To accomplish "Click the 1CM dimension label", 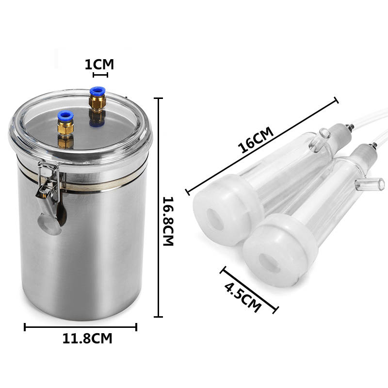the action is [x=99, y=65].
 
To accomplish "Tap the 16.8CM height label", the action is [x=168, y=221].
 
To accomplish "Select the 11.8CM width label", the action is [x=87, y=339].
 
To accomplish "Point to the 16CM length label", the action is [x=256, y=140].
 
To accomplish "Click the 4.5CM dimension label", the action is [x=243, y=297].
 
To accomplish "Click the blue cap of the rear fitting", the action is [x=97, y=91].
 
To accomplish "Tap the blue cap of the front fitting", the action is [x=65, y=115].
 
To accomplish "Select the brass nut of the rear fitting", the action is [x=97, y=102].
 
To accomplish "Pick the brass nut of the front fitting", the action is [x=65, y=127].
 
